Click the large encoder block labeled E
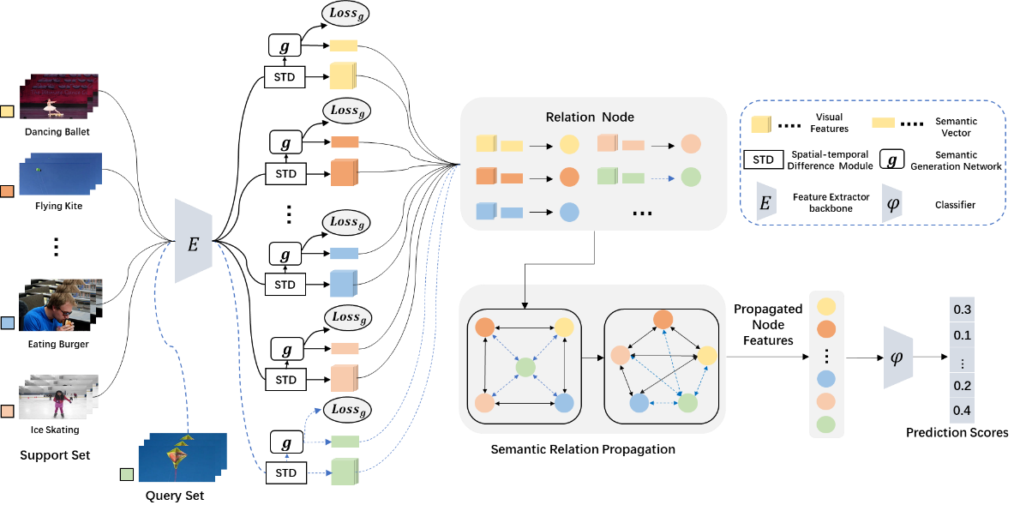(193, 242)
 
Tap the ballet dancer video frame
(60, 96)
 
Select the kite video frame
(182, 456)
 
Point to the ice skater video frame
(60, 397)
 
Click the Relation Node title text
(590, 117)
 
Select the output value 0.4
(962, 411)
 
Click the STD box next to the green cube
(285, 472)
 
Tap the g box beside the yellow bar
(285, 45)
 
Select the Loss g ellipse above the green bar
(347, 410)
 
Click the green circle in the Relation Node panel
(691, 177)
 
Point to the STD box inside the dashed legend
(763, 159)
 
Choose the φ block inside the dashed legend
(892, 202)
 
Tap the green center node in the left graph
(525, 369)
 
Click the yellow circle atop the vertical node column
(826, 307)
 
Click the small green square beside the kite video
(127, 473)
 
